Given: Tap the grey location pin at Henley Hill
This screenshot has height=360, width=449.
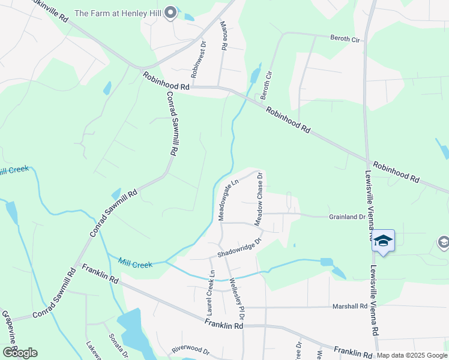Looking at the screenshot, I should pyautogui.click(x=171, y=13).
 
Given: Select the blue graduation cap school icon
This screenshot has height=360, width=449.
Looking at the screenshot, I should pyautogui.click(x=383, y=241).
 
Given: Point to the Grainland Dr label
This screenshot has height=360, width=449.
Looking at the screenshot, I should pyautogui.click(x=347, y=217).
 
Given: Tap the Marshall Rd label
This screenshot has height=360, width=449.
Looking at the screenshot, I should pyautogui.click(x=349, y=306).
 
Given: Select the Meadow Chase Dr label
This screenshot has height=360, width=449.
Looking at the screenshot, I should pyautogui.click(x=260, y=199).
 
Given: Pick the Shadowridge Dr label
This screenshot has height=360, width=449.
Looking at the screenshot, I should pyautogui.click(x=240, y=248).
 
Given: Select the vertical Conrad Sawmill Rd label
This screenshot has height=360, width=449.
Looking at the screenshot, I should pyautogui.click(x=172, y=124).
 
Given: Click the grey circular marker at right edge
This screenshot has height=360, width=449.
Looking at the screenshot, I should pyautogui.click(x=443, y=242).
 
